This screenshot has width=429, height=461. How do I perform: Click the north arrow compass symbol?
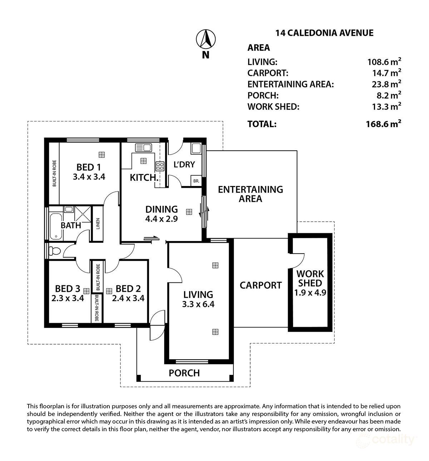[x=206, y=39]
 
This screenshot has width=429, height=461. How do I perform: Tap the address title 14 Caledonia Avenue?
[x=324, y=33]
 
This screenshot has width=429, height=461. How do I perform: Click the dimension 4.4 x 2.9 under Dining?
[x=162, y=219]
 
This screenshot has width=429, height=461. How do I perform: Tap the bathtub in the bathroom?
[x=55, y=226]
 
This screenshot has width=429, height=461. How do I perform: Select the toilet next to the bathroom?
[x=54, y=251]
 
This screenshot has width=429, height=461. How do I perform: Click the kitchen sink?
[x=143, y=147]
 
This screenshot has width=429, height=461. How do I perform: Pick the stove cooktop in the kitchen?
[x=160, y=166]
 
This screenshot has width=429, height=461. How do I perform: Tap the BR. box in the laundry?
[x=196, y=181]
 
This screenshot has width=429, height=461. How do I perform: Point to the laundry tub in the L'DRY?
[x=196, y=148]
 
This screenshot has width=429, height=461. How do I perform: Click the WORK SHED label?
[x=310, y=279]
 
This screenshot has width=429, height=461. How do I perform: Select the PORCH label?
[x=184, y=373]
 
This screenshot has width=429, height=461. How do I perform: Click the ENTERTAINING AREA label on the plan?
[x=250, y=194]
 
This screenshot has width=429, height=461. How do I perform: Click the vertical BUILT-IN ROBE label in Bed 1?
[x=54, y=173]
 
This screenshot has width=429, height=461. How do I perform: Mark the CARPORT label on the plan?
[x=261, y=285]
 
